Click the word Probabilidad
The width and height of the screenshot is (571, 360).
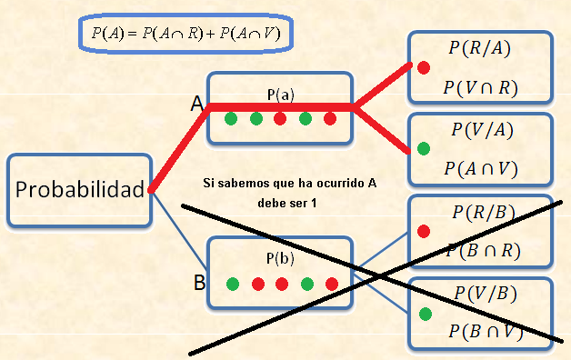(x=80, y=190)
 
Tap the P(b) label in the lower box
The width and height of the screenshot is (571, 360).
(x=280, y=258)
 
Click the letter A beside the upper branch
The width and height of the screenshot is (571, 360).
(x=195, y=105)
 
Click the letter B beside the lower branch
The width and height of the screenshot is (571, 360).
(x=199, y=283)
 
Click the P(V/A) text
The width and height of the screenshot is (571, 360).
(x=482, y=130)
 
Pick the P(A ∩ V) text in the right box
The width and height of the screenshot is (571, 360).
(x=481, y=168)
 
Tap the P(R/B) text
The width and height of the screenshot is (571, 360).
(x=483, y=213)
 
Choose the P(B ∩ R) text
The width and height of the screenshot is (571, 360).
(x=483, y=251)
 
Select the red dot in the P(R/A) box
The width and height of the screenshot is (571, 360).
(x=423, y=66)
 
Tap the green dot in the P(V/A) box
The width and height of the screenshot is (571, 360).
(x=423, y=147)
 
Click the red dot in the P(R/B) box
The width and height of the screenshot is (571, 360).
(x=423, y=231)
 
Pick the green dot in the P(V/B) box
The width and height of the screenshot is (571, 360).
(x=424, y=314)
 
